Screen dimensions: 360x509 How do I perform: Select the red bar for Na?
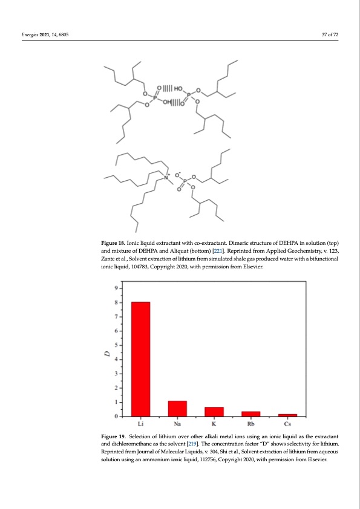pos(177,409)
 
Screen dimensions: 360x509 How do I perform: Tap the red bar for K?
pos(214,412)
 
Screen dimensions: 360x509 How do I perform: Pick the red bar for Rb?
pos(250,413)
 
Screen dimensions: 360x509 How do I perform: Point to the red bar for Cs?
pos(287,415)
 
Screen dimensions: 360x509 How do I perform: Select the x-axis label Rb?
pos(250,424)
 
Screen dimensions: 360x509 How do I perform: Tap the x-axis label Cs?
pos(287,424)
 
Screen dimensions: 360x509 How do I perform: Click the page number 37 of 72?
pos(330,34)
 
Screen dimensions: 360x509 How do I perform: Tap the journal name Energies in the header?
pos(31,34)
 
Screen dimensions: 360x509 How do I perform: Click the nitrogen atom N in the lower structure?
pos(168,177)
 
